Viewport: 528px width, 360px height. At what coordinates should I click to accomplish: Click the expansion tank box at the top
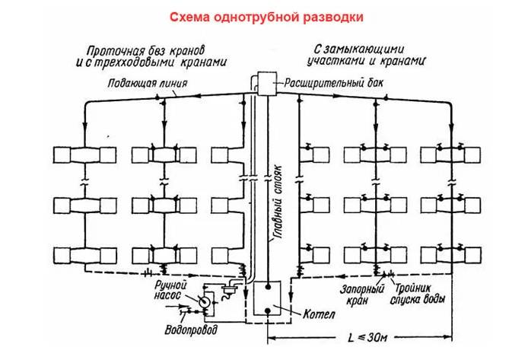[264, 81]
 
